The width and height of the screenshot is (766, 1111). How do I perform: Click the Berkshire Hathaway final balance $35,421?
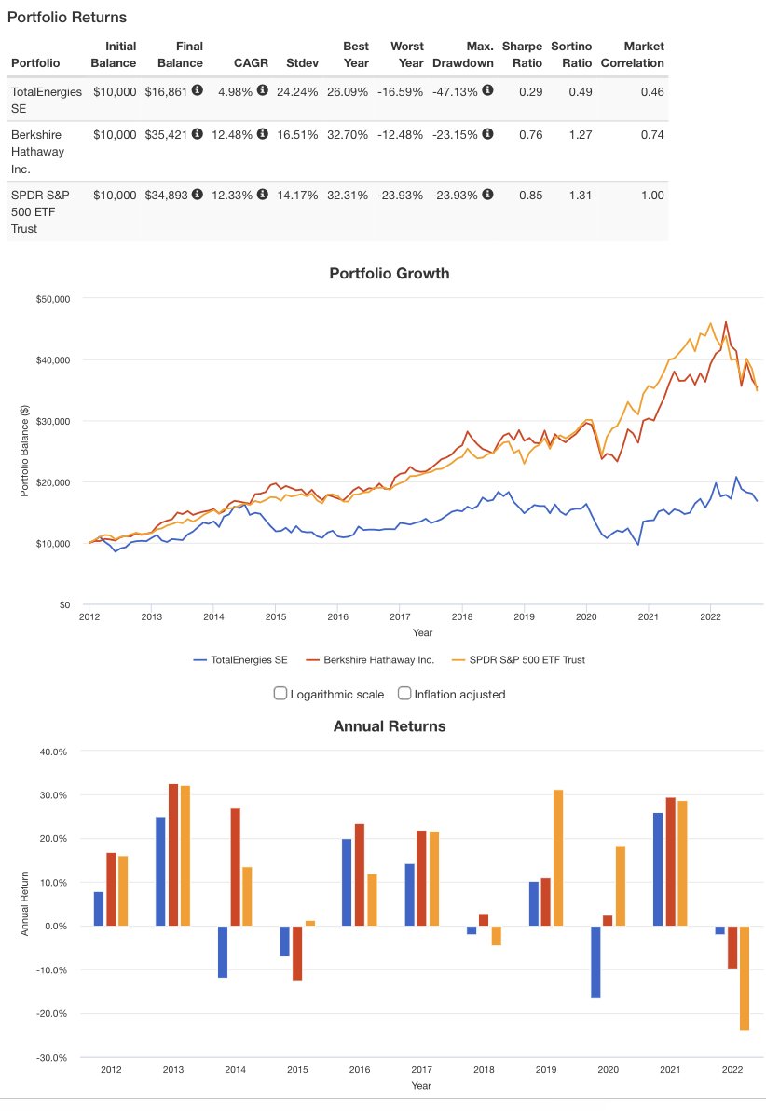[167, 134]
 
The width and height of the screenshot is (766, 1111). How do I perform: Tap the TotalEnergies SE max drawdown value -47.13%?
[455, 91]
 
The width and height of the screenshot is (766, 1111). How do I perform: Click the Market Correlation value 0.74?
[652, 134]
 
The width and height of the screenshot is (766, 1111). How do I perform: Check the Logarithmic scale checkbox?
[280, 693]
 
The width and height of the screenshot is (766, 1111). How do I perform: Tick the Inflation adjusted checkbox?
[404, 693]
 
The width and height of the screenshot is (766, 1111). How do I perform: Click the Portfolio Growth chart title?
[390, 274]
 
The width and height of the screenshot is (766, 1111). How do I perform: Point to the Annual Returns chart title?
[390, 725]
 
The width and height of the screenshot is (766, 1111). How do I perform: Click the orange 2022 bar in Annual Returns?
[745, 978]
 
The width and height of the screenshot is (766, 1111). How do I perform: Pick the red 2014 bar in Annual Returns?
[235, 867]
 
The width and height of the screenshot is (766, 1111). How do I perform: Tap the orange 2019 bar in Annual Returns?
[558, 858]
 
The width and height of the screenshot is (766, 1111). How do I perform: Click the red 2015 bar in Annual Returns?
[297, 953]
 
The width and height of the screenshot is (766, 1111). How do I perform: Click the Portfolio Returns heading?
[67, 17]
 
